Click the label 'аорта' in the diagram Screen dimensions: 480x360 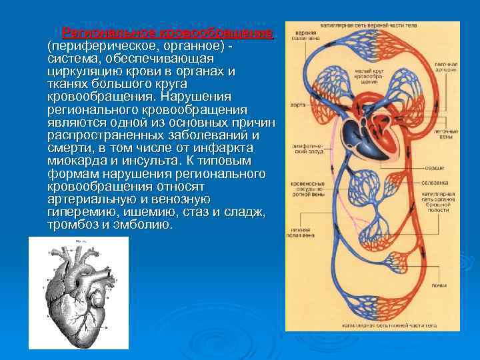point(297,105)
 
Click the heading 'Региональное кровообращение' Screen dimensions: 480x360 point(167,33)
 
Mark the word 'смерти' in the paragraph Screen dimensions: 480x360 point(69,148)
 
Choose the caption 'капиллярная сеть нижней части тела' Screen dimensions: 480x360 point(378,326)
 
